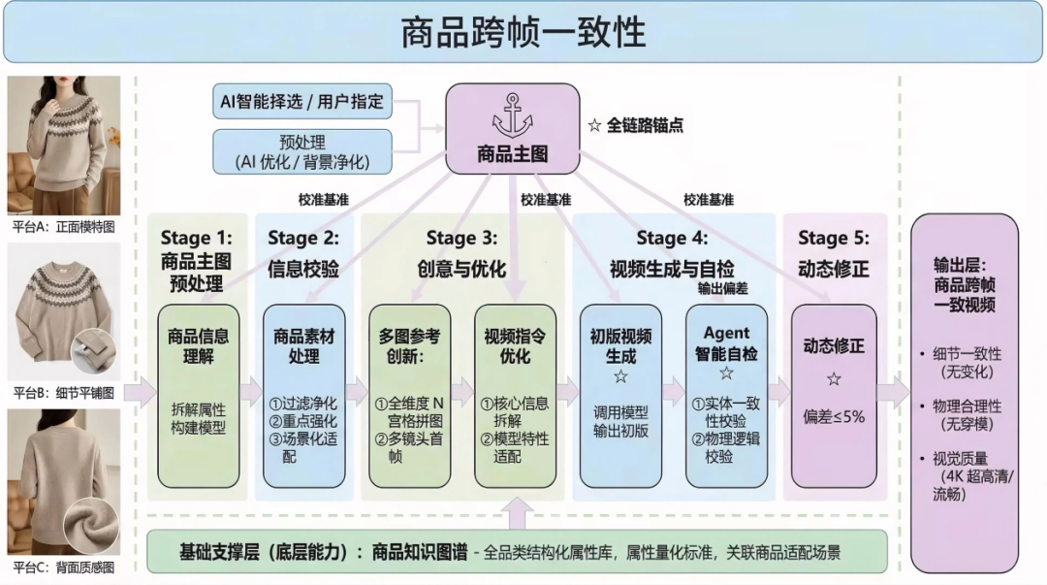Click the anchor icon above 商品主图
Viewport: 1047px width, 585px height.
tap(512, 117)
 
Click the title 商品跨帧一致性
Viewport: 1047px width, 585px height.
tap(523, 32)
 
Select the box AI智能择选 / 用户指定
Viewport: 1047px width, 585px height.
tap(301, 101)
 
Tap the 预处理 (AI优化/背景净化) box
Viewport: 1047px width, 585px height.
tap(301, 151)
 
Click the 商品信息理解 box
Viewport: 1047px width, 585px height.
tap(198, 395)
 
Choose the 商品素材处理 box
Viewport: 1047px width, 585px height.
tap(303, 395)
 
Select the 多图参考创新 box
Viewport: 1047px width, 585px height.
tap(409, 395)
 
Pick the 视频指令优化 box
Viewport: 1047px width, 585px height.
tap(515, 395)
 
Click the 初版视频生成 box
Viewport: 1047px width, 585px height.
tap(620, 395)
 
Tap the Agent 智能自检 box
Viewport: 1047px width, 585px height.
tap(726, 395)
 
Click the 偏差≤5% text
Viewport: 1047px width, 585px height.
tap(834, 417)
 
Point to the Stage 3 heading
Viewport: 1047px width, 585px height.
tap(461, 239)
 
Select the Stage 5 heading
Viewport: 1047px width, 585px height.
tap(834, 239)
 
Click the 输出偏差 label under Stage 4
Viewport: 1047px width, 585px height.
tap(722, 288)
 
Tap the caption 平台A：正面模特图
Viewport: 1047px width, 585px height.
tap(64, 225)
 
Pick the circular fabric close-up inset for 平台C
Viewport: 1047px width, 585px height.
tap(90, 526)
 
